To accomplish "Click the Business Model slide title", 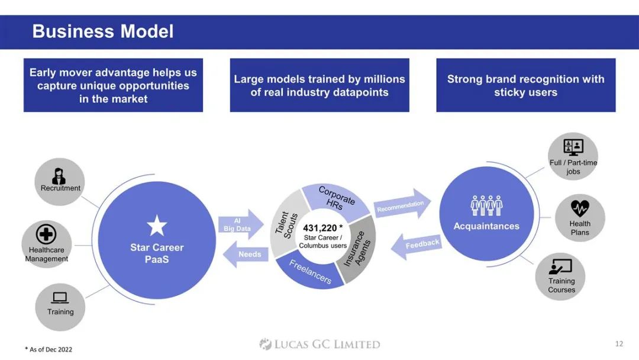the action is tap(103, 31).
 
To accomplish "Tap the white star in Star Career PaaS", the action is tap(157, 226).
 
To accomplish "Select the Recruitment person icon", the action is tap(59, 176).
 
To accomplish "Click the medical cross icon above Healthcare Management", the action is tap(46, 234).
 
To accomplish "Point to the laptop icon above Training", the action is tap(60, 298).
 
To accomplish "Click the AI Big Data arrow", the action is tap(241, 224).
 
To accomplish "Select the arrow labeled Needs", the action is tap(246, 254).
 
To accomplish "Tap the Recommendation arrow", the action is tap(402, 204).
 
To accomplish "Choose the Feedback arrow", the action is tap(417, 246).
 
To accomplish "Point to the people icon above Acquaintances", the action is tap(486, 205).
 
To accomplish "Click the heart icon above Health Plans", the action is tap(580, 208).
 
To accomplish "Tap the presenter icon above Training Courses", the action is tap(560, 266).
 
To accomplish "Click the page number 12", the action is tap(619, 343).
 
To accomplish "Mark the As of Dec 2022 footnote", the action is tap(49, 349).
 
